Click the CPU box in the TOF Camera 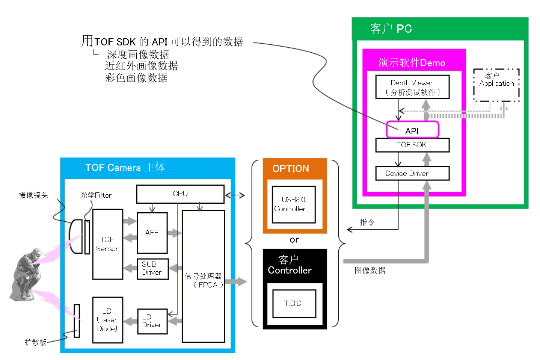180,194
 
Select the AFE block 152,233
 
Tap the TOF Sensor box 107,244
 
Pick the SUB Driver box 152,269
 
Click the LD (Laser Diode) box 107,320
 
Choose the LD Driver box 152,321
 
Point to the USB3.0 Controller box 294,204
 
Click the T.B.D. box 294,303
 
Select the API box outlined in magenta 412,130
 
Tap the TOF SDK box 412,145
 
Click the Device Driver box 412,173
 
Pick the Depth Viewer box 412,87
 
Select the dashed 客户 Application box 496,85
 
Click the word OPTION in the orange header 291,169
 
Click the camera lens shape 76,236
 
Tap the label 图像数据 370,271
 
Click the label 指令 367,222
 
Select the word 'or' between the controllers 294,240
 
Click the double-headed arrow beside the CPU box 235,195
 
